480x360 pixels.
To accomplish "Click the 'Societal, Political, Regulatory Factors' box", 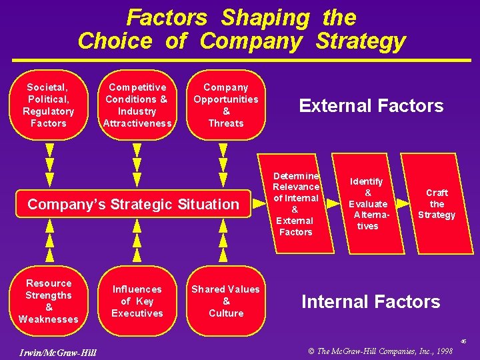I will click(49, 105).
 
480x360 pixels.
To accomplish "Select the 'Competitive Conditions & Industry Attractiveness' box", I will click(137, 105).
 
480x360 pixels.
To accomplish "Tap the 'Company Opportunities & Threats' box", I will click(226, 105).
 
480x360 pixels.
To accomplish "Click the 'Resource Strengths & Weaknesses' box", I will click(49, 301).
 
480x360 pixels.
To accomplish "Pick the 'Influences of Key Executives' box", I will click(137, 301).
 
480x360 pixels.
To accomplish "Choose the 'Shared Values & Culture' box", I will click(226, 301).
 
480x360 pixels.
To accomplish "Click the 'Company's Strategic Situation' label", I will click(133, 204).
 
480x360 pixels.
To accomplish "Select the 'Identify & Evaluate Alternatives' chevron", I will click(367, 204).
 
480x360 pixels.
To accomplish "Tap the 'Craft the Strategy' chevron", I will click(437, 204).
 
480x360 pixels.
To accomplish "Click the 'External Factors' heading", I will click(371, 106).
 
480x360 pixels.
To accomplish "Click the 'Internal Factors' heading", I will click(371, 302).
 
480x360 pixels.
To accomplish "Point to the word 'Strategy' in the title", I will click(360, 41).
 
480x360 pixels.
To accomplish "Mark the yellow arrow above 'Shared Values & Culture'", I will click(226, 240).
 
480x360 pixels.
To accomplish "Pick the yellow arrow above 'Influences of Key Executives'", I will click(137, 240).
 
